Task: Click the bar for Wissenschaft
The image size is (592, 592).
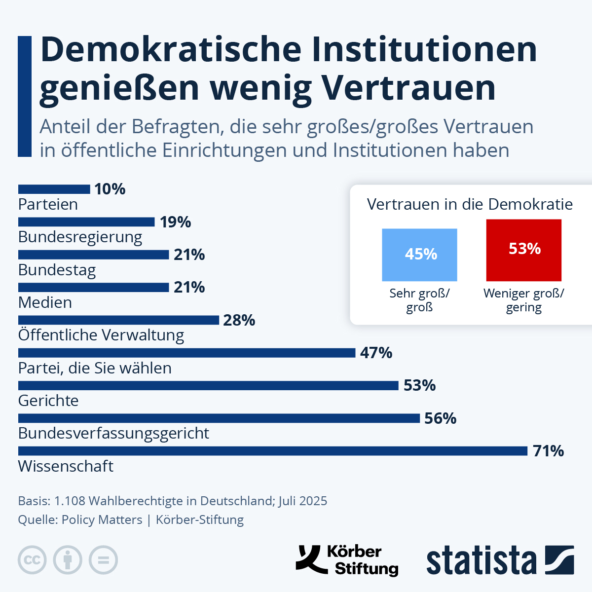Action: [x=273, y=451]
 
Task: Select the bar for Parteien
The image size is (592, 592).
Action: [x=54, y=189]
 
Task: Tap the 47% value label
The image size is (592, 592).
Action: [x=376, y=353]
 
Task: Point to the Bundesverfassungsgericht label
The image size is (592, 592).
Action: [x=113, y=433]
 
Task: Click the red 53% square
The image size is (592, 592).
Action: [x=523, y=250]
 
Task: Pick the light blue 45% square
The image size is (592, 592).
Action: [x=419, y=255]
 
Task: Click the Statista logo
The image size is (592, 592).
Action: [x=500, y=560]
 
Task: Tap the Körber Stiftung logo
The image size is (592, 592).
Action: [x=347, y=560]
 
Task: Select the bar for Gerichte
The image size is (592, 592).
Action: [x=208, y=385]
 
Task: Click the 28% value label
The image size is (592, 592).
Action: [x=239, y=320]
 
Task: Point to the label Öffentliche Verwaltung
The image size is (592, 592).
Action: [x=101, y=335]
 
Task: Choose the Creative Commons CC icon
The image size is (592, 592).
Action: [x=32, y=560]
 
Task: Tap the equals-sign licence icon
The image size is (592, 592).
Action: [x=103, y=560]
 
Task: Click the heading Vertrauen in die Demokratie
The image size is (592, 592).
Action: [x=470, y=204]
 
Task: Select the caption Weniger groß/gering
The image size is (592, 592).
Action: [x=523, y=300]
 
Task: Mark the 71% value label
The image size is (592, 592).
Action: [x=548, y=451]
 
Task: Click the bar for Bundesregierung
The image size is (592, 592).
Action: [x=86, y=222]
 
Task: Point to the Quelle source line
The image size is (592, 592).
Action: [x=131, y=519]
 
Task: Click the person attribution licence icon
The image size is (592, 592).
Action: [x=68, y=560]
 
